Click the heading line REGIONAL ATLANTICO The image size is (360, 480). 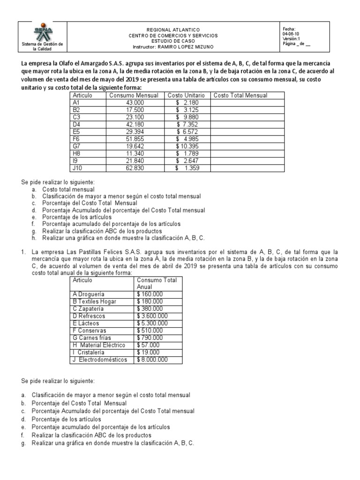(x=173, y=29)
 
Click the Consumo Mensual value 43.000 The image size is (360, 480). (x=135, y=102)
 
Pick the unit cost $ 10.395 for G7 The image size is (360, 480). (x=187, y=146)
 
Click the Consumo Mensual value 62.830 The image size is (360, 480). (x=135, y=168)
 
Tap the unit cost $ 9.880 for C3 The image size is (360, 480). (x=187, y=117)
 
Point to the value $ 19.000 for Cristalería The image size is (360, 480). (x=148, y=352)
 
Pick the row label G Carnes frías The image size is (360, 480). (x=92, y=337)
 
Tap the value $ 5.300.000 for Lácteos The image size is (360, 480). (x=153, y=323)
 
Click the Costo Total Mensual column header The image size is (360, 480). (x=240, y=95)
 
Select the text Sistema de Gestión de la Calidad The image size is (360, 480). (x=44, y=46)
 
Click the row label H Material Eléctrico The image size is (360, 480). (x=99, y=345)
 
